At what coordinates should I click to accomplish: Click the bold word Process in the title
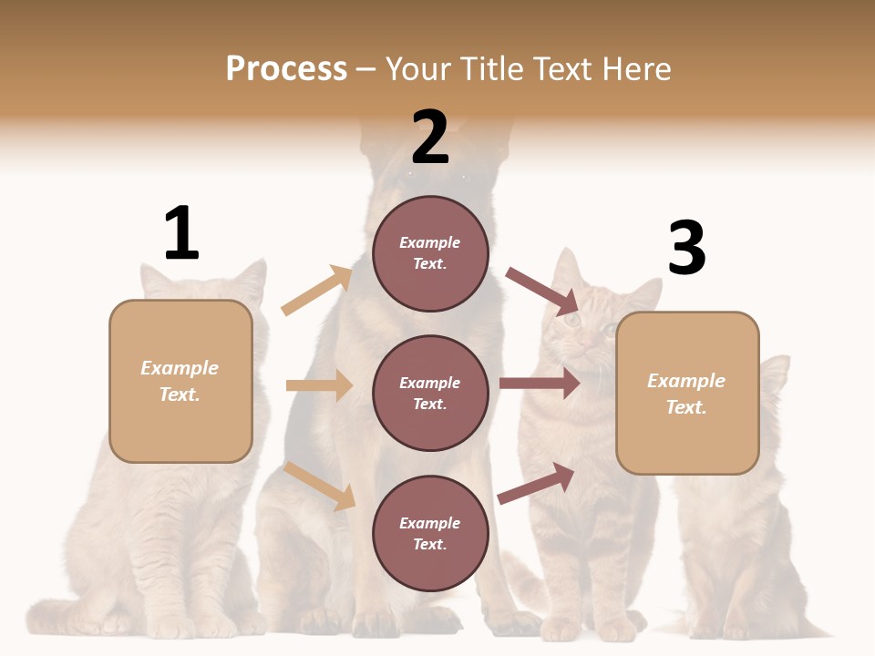point(286,69)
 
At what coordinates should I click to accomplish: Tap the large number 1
point(181,233)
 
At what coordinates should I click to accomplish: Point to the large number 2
point(430,138)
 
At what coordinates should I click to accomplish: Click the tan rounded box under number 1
point(180,381)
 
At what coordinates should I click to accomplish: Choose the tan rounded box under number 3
point(687,393)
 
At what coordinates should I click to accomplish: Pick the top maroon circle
point(430,253)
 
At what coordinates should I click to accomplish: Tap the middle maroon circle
point(430,393)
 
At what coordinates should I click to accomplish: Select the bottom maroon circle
point(430,533)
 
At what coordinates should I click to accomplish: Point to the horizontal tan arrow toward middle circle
point(319,385)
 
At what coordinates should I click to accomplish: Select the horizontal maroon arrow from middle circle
point(540,384)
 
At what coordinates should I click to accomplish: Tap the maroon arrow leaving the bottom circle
point(537,483)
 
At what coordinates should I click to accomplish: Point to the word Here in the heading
point(635,69)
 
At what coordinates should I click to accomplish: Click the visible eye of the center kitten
point(571,320)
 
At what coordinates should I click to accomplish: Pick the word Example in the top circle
point(430,242)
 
